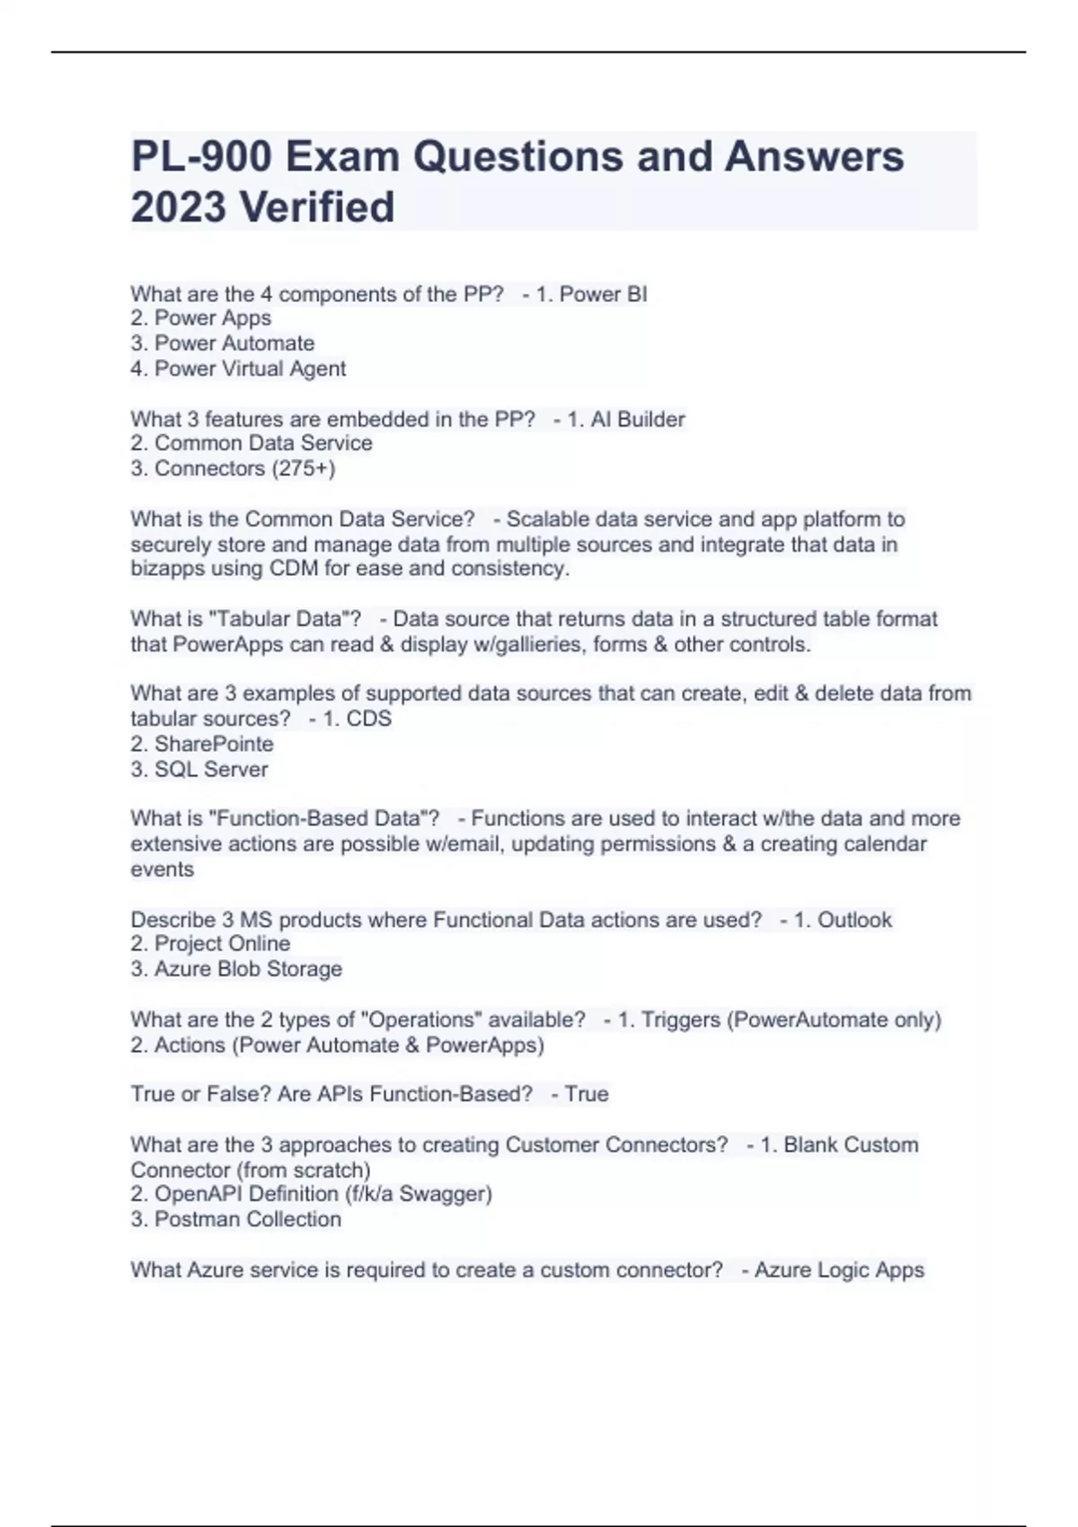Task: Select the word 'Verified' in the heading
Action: pos(316,207)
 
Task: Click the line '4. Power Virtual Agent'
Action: pos(238,368)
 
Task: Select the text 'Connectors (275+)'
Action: pos(244,468)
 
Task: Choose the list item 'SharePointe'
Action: pos(214,744)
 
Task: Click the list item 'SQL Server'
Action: pos(211,769)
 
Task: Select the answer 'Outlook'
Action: pos(854,920)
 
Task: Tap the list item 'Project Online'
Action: pos(222,943)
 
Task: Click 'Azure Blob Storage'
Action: pos(248,968)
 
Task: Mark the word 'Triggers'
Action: pos(680,1019)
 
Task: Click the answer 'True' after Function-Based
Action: pos(587,1094)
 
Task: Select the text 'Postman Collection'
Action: pos(247,1219)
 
